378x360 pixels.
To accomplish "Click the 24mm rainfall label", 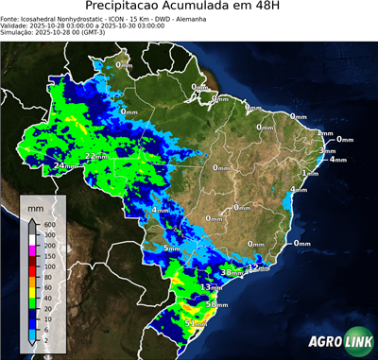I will tap(64, 166).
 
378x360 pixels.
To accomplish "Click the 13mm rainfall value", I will tap(211, 286).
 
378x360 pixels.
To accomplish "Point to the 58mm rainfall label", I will tap(217, 304).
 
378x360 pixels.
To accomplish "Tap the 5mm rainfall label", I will tap(171, 249).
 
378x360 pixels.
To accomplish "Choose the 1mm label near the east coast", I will tap(309, 174).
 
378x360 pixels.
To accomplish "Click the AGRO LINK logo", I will tap(335, 342).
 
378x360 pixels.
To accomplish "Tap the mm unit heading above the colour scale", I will tap(35, 205).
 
